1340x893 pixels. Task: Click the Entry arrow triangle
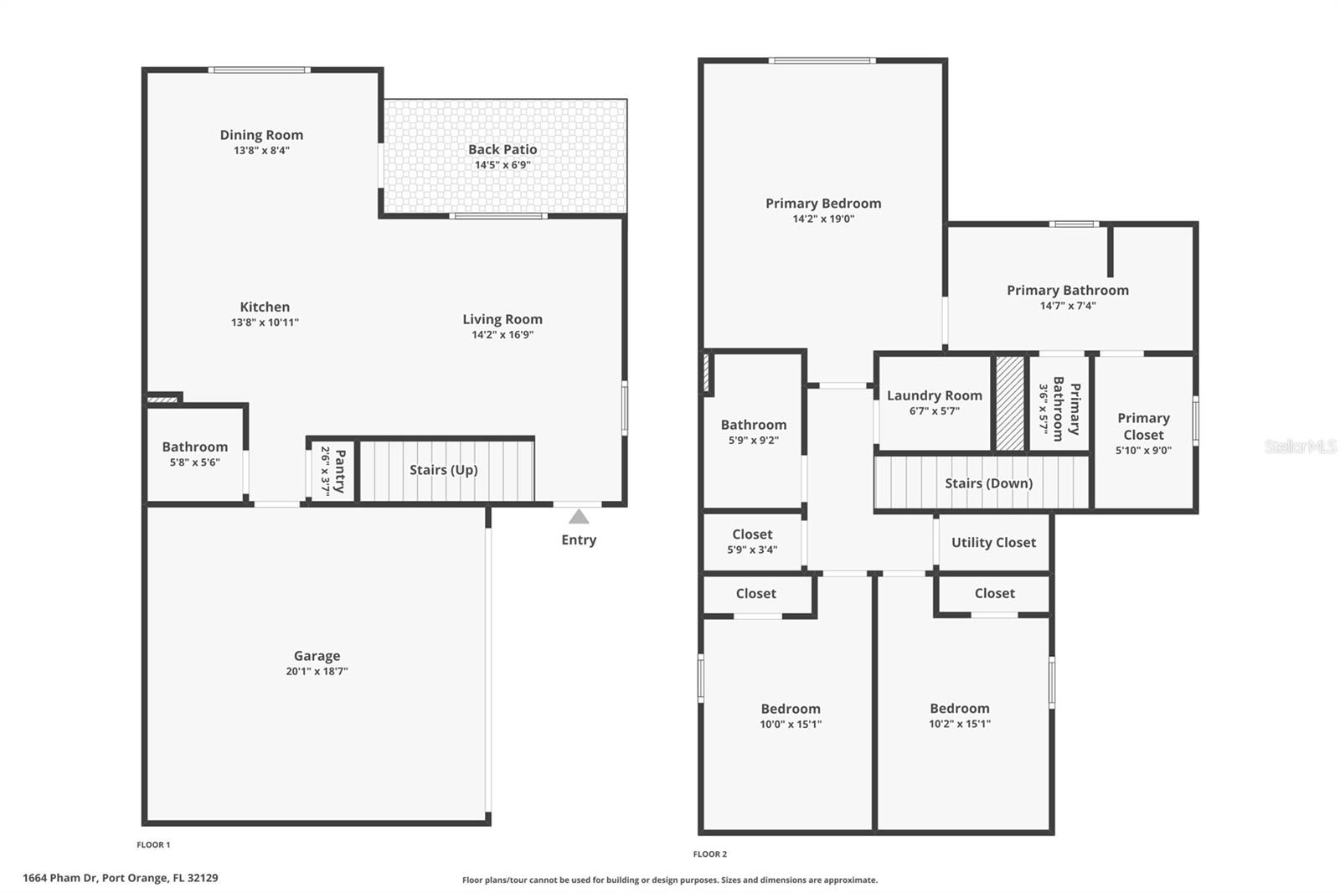579,517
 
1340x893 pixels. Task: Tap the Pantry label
340,471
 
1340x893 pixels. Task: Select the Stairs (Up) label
443,470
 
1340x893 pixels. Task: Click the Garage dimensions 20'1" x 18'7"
317,671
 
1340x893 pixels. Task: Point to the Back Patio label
502,149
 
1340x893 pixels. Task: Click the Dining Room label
261,135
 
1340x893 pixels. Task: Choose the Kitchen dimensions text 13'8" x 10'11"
265,323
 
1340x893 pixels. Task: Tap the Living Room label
502,319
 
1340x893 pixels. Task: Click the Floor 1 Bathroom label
194,446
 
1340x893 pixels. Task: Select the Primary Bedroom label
823,204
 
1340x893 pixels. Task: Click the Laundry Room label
934,395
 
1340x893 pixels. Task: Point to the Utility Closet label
993,542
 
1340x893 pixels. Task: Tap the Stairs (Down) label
988,483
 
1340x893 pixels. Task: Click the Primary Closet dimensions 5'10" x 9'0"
1143,451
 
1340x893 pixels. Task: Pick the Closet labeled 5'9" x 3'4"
752,534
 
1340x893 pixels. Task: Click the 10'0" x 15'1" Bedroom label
791,709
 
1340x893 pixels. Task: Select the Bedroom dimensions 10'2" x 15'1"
960,724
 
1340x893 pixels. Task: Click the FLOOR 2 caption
709,854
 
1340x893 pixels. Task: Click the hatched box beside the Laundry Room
1010,404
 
